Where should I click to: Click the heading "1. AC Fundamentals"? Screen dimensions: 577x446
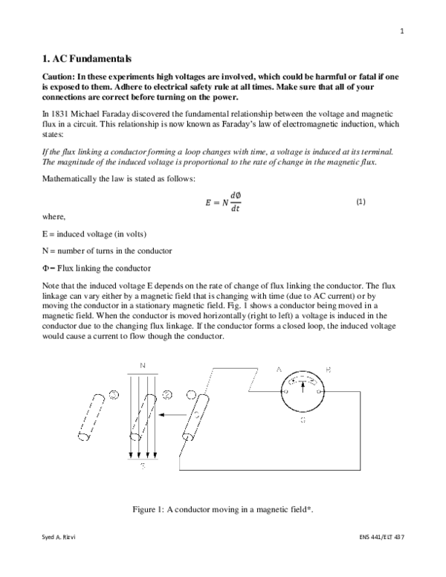point(85,59)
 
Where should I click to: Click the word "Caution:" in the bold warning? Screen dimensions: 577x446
point(59,77)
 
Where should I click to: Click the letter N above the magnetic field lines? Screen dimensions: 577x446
point(141,365)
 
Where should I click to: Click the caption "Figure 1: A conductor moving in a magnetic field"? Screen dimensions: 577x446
point(222,508)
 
